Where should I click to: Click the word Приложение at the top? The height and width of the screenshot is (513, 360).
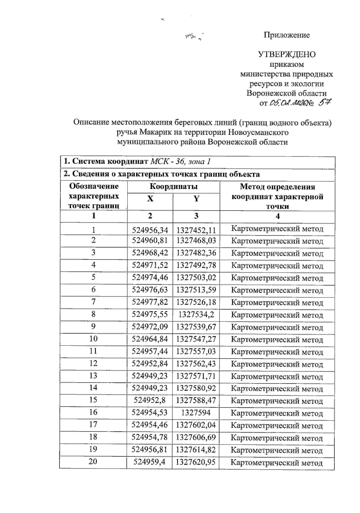pyautogui.click(x=286, y=35)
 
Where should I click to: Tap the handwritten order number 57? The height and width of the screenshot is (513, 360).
pyautogui.click(x=324, y=103)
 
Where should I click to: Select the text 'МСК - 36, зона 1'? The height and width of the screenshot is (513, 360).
pyautogui.click(x=180, y=161)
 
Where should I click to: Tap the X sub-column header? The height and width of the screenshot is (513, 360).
pyautogui.click(x=150, y=199)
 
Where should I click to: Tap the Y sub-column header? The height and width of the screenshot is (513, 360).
pyautogui.click(x=196, y=199)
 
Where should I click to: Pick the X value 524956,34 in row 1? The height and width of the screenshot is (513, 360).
pyautogui.click(x=150, y=230)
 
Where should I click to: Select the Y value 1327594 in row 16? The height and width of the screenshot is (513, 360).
pyautogui.click(x=196, y=412)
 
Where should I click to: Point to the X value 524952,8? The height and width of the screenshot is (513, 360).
pyautogui.click(x=149, y=400)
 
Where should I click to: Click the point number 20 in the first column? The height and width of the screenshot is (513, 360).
pyautogui.click(x=93, y=461)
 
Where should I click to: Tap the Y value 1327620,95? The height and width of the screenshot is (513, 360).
pyautogui.click(x=196, y=462)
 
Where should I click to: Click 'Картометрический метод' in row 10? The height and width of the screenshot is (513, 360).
pyautogui.click(x=277, y=340)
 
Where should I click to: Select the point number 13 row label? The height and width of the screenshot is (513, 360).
pyautogui.click(x=93, y=376)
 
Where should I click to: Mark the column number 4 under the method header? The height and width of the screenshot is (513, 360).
pyautogui.click(x=278, y=216)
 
